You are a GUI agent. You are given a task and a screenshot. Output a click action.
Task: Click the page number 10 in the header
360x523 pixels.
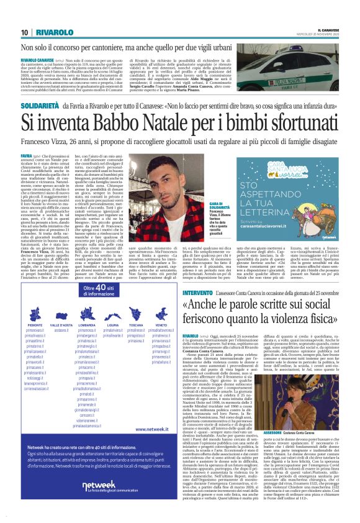25,32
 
